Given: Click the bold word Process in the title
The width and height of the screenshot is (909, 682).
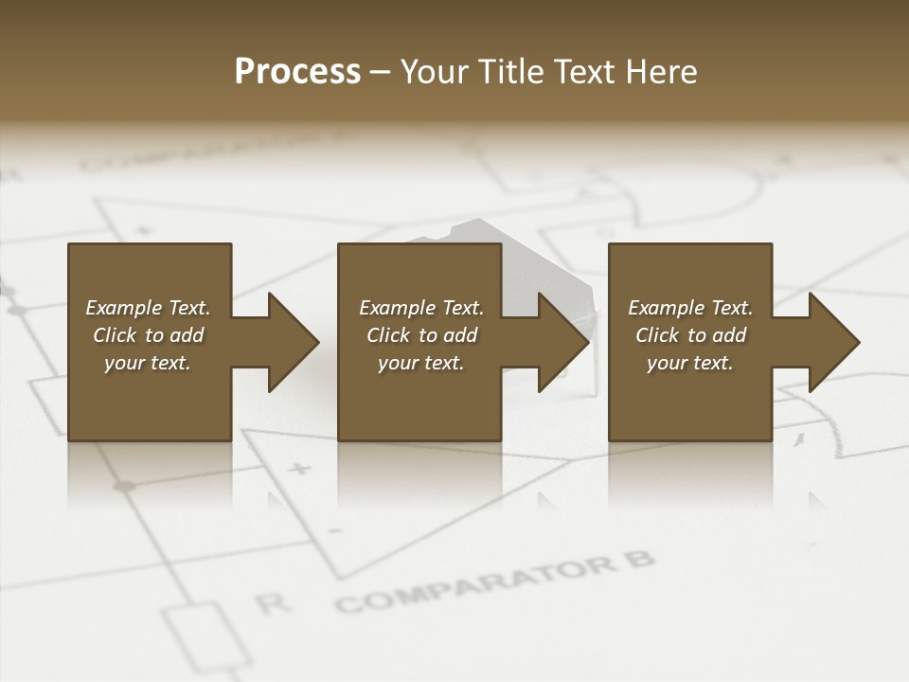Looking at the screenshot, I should pos(297,72).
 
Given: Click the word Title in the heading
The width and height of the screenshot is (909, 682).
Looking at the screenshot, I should pos(508,72).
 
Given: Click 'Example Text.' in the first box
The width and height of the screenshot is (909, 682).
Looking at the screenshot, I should pos(148,308).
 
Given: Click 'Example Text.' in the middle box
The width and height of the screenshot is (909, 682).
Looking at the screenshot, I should pos(421,308).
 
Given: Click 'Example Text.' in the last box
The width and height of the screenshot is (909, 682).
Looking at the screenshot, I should pos(690,308).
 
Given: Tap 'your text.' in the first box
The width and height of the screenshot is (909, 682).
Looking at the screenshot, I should pos(148,363).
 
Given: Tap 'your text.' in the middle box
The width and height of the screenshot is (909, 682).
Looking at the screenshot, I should pos(421,363).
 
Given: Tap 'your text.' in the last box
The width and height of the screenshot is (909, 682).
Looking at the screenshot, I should pos(690,363).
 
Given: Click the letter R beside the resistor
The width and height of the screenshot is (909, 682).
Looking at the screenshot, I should pos(273,602).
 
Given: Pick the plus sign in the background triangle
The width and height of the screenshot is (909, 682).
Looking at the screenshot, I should pos(300,468).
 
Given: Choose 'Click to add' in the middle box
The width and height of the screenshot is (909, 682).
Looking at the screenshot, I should pos(421,335).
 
